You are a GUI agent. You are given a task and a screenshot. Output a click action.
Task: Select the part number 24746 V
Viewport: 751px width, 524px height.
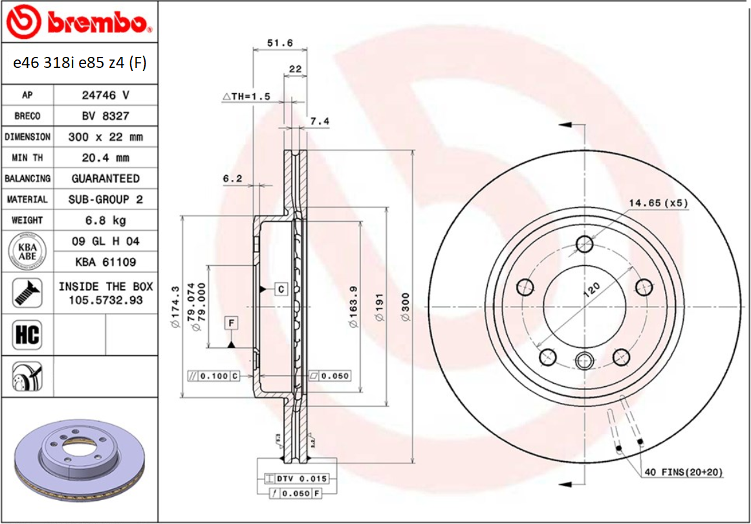click(x=105, y=94)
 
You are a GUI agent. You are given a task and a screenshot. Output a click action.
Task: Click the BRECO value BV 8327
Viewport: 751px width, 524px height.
click(x=105, y=116)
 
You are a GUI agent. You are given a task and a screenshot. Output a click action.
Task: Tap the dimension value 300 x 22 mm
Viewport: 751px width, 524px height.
click(x=105, y=136)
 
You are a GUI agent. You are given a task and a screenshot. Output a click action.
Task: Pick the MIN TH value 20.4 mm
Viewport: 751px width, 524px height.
click(x=105, y=157)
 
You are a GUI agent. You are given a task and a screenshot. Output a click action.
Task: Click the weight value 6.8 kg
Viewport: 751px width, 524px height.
click(x=105, y=220)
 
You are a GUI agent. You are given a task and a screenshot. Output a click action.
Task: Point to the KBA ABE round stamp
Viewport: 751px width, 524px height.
click(x=27, y=251)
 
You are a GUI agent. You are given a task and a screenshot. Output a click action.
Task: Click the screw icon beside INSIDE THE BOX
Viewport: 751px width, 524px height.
click(x=27, y=293)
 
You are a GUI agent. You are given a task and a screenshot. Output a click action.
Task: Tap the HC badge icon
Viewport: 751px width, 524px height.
click(x=27, y=334)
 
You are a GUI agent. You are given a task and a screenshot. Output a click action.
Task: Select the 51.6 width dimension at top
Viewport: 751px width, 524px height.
click(x=280, y=43)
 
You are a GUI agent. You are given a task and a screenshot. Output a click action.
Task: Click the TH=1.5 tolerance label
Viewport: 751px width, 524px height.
click(x=246, y=96)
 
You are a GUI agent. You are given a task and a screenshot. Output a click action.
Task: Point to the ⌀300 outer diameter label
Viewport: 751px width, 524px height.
click(x=406, y=308)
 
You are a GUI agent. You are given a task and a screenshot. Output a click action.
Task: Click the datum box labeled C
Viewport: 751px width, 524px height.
click(x=281, y=289)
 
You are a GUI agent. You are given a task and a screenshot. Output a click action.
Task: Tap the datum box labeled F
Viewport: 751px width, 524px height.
click(x=231, y=322)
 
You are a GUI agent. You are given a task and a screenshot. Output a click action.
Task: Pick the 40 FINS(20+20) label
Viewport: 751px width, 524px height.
click(x=683, y=472)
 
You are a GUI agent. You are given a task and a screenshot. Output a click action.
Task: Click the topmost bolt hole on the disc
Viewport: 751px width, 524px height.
click(x=585, y=244)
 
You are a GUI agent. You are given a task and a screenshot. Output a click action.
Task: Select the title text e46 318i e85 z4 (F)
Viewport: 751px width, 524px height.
click(x=80, y=63)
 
